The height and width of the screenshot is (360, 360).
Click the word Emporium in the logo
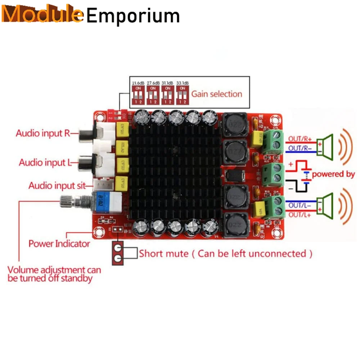tap(133, 16)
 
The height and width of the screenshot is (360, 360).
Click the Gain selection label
tap(217, 94)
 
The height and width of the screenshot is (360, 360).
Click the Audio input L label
tap(43, 162)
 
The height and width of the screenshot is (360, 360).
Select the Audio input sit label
tap(57, 186)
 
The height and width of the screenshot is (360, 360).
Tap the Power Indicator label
tap(59, 244)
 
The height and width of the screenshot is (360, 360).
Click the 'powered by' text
tap(333, 174)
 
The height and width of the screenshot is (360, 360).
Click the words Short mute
tap(164, 253)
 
